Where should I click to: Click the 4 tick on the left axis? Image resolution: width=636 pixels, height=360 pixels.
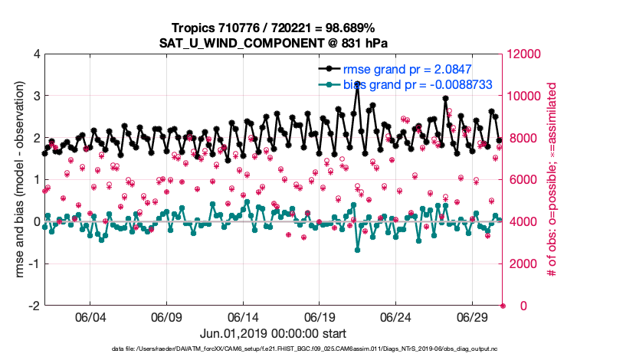pos(35,54)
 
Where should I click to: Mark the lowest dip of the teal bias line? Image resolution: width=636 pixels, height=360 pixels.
pos(357,250)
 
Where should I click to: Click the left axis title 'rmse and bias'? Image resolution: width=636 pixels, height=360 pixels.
pos(16,180)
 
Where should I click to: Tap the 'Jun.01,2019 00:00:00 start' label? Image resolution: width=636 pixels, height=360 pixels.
pos(273,334)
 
